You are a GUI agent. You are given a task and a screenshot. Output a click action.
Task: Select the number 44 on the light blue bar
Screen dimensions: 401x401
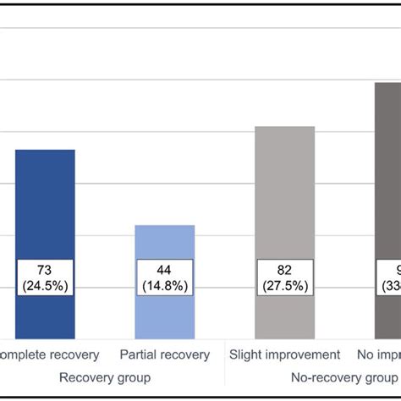tap(165, 269)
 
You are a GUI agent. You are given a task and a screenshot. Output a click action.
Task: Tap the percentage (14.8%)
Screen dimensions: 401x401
tap(165, 285)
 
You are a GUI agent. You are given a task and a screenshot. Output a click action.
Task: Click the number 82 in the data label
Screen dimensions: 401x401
tap(284, 269)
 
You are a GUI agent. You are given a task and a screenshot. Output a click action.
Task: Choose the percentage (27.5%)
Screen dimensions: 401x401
tap(284, 285)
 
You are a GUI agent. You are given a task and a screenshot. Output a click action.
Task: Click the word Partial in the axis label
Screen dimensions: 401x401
tap(140, 354)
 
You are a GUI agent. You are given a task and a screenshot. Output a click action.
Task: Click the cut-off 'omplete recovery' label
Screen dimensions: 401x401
tap(50, 355)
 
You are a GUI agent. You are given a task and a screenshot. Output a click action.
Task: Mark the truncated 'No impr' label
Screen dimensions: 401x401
tap(380, 355)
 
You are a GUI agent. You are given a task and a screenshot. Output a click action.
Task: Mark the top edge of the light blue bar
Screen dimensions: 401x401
tap(165, 226)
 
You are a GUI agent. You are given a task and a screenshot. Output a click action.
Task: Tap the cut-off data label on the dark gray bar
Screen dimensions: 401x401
tap(389, 277)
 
